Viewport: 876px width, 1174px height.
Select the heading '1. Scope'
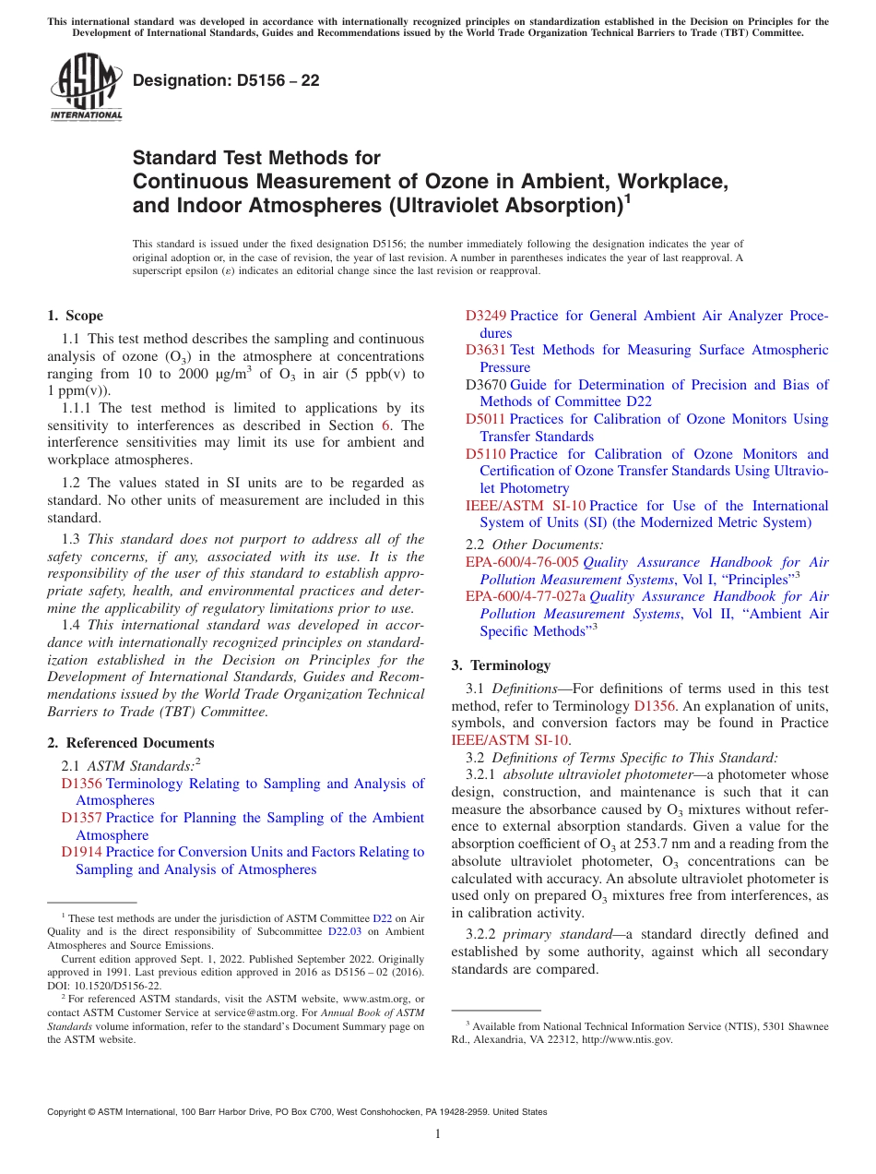click(x=75, y=316)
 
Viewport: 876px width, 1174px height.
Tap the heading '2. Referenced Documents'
click(x=130, y=743)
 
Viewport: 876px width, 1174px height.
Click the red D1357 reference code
click(x=81, y=818)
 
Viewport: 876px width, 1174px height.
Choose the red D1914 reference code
click(x=81, y=852)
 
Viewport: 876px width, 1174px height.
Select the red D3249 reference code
click(x=486, y=316)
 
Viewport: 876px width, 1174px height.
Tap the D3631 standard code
click(x=486, y=350)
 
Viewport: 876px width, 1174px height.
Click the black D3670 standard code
click(x=486, y=385)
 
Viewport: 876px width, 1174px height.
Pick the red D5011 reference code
click(x=486, y=419)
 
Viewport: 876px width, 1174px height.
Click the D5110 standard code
click(x=486, y=454)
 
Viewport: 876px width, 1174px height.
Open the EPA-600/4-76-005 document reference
click(x=522, y=562)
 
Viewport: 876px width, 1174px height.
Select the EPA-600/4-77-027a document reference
click(x=526, y=596)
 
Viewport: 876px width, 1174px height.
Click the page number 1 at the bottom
click(x=438, y=1134)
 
